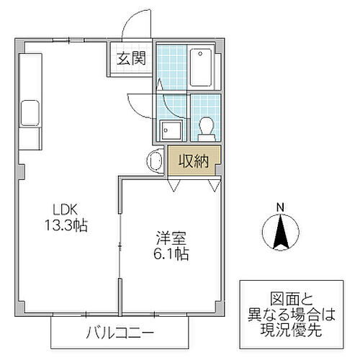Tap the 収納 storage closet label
(x=193, y=161)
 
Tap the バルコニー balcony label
(x=120, y=333)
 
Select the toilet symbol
(x=205, y=126)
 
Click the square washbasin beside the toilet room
(x=171, y=130)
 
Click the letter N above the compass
(x=282, y=210)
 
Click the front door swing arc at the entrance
(x=133, y=25)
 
